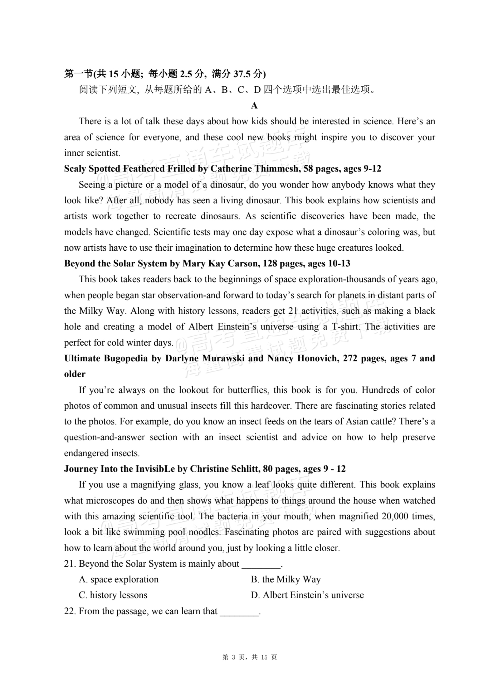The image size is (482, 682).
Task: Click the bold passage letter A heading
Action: [254, 106]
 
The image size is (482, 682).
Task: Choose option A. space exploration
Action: [119, 579]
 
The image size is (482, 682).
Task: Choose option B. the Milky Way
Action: [285, 579]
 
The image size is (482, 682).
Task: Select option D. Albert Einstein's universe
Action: [307, 595]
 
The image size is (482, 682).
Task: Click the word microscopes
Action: [110, 501]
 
